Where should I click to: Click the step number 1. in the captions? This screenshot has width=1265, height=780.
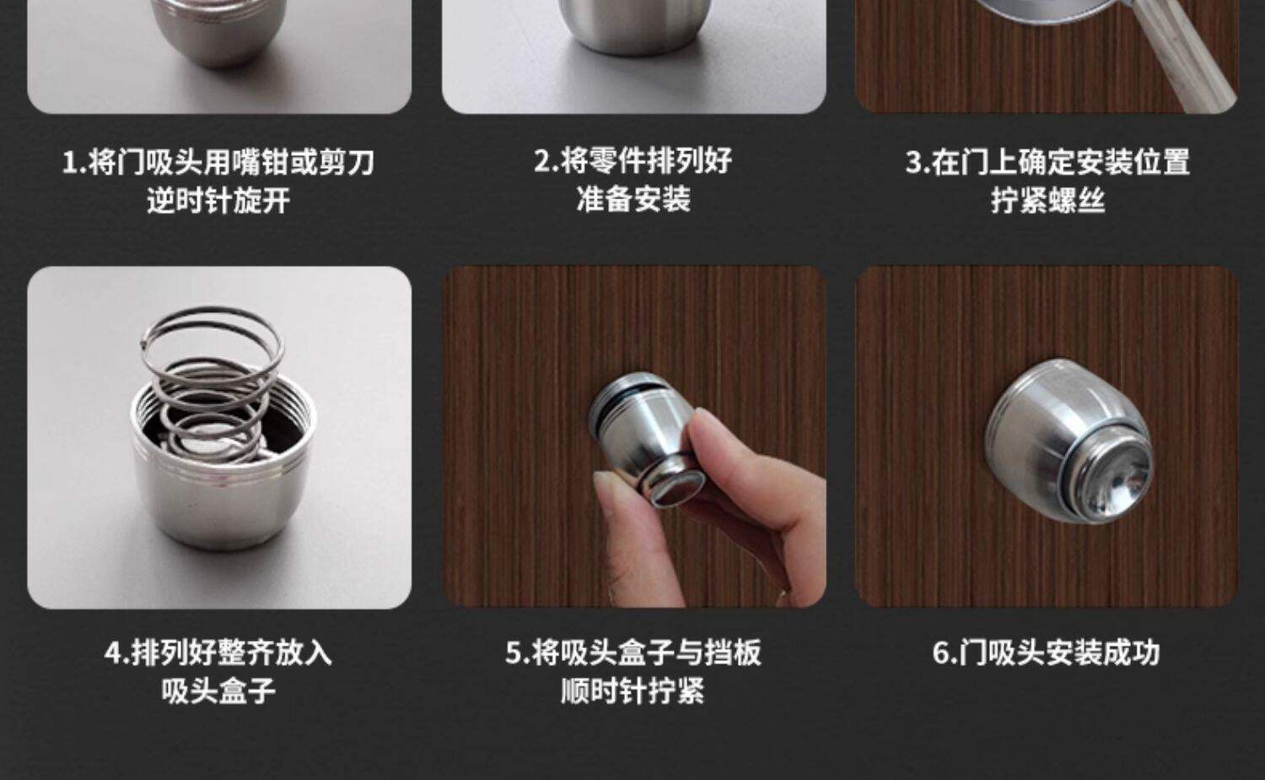click(74, 162)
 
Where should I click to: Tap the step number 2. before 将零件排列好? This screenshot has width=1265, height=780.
click(546, 160)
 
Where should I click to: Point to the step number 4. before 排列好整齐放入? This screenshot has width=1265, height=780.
click(117, 653)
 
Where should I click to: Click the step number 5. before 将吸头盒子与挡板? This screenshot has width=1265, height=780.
click(518, 653)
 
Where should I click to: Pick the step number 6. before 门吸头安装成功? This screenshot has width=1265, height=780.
click(945, 653)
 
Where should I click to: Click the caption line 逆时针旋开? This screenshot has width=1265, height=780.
click(218, 201)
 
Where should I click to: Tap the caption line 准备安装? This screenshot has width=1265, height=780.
click(633, 199)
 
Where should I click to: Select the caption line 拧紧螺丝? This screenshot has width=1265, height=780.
click(1048, 200)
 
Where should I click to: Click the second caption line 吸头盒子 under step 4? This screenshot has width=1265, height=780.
click(218, 691)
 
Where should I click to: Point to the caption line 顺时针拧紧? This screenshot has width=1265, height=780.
click(633, 691)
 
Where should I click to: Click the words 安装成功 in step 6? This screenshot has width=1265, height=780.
click(1103, 653)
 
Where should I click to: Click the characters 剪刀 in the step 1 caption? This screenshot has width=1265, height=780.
click(347, 162)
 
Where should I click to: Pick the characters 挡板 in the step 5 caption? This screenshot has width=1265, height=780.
click(733, 653)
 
